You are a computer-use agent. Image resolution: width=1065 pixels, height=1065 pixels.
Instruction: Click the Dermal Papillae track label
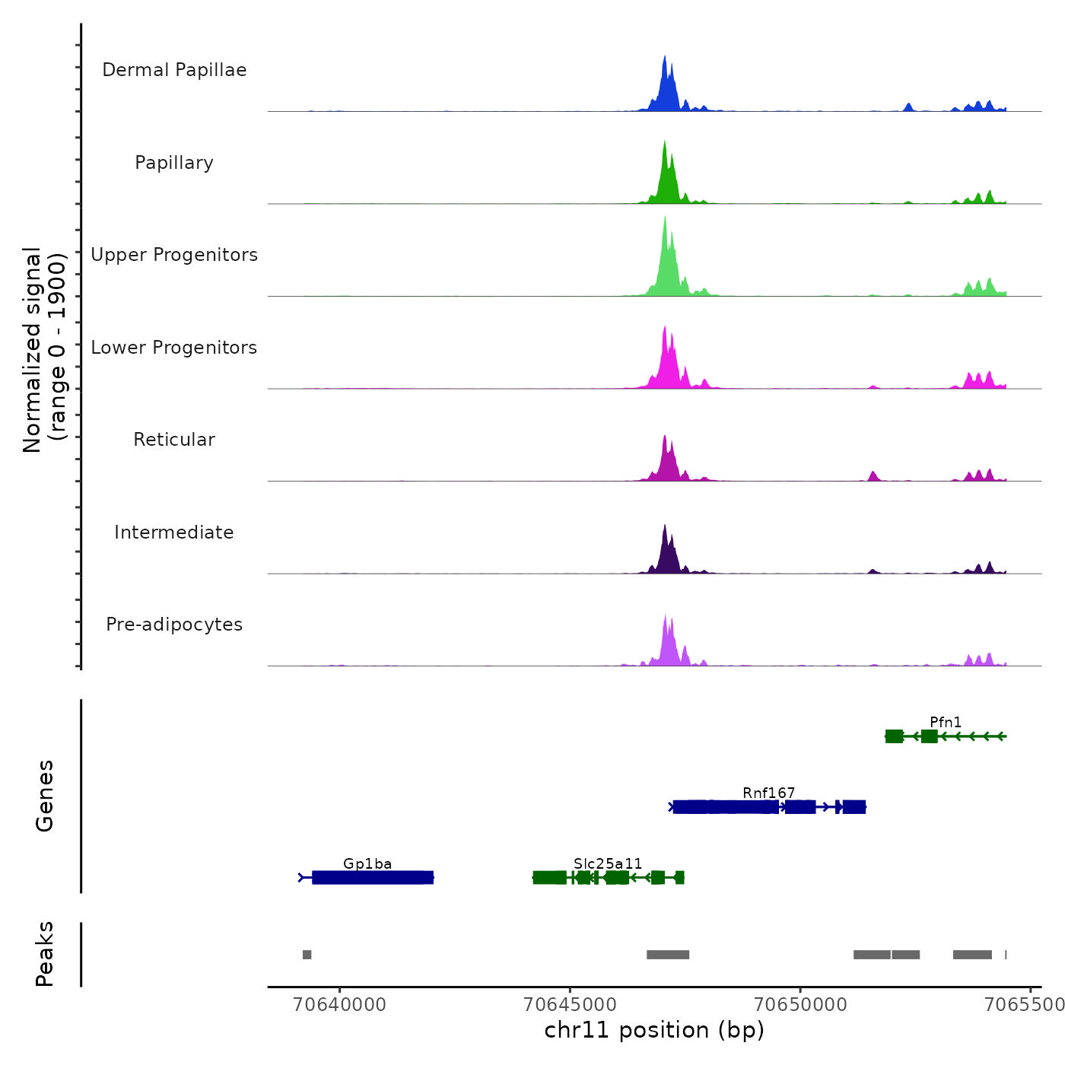coord(174,70)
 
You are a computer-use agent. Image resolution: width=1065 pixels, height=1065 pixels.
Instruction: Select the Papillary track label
coord(174,163)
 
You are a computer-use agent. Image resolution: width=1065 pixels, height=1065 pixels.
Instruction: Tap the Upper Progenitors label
coord(174,255)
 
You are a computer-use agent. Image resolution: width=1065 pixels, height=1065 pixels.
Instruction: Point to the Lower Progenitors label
coord(174,348)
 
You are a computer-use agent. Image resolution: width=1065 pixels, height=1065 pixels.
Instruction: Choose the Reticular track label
coord(174,440)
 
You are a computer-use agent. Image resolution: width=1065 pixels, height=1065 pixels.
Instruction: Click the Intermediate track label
coord(174,532)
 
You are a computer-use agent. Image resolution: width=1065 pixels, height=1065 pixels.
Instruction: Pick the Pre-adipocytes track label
coord(174,625)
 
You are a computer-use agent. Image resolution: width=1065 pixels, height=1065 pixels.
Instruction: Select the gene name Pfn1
coord(946,722)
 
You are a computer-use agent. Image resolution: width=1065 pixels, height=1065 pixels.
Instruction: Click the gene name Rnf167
coord(768,793)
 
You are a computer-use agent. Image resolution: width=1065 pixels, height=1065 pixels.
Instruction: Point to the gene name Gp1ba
coord(367,863)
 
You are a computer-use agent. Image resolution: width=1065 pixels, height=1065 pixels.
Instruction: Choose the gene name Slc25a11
coord(608,863)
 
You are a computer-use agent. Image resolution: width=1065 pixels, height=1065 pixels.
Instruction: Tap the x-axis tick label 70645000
coord(571,1004)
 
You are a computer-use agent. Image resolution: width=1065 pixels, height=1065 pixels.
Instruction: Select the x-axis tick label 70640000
coord(340,1004)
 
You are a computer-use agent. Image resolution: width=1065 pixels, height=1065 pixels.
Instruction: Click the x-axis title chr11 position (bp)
coord(654,1030)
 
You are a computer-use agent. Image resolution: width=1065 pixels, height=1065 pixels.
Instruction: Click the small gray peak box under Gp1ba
coord(307,955)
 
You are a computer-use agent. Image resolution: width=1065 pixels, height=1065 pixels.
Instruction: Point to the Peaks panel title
coord(45,954)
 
